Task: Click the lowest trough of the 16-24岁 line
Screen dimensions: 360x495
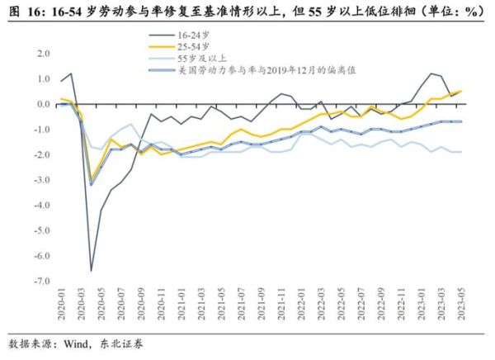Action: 91,271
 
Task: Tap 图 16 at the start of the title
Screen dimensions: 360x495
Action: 22,11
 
